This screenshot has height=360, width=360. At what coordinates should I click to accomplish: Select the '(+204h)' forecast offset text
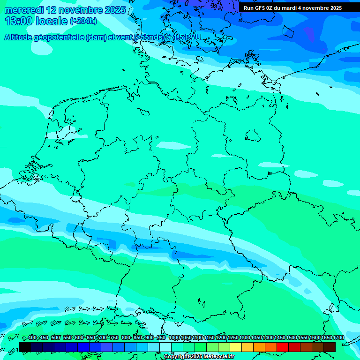coord(83,21)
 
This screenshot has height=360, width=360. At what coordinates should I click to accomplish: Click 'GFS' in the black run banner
coord(260,8)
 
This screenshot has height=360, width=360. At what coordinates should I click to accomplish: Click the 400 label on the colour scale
coord(32,338)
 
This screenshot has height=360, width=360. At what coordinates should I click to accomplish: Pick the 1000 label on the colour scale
coord(174,338)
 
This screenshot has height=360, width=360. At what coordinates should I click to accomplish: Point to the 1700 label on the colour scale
coord(338,338)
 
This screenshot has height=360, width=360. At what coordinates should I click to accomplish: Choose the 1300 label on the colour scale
coord(245,338)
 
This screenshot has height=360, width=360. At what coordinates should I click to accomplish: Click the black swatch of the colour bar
coord(25,347)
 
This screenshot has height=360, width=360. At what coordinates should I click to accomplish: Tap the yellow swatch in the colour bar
coord(236,347)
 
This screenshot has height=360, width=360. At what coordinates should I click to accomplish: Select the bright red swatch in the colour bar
coord(283,347)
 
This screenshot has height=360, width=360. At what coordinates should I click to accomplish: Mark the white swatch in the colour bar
coord(165,347)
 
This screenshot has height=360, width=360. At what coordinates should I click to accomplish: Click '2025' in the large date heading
coord(115,10)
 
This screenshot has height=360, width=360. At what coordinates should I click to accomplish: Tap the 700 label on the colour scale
coord(103,338)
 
